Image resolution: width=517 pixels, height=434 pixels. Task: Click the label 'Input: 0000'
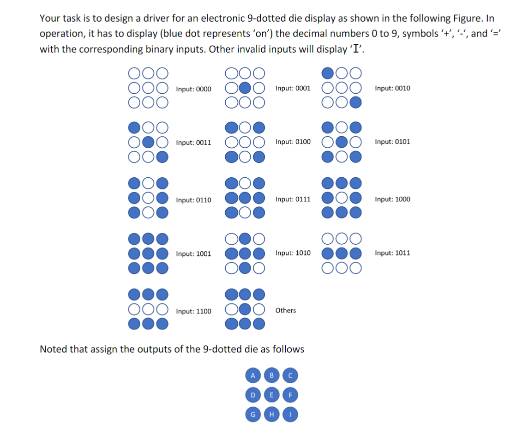click(x=193, y=89)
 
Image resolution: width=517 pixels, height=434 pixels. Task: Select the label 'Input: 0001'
click(x=293, y=88)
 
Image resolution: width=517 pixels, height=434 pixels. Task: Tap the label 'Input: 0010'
click(x=392, y=88)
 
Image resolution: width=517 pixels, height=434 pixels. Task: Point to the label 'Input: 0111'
click(x=293, y=199)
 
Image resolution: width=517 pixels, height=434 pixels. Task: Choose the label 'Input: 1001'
click(x=193, y=253)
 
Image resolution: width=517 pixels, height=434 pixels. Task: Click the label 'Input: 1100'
click(x=193, y=311)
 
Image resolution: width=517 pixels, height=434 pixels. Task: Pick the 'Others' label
click(x=286, y=310)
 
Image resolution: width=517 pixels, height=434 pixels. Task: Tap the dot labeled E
click(x=271, y=395)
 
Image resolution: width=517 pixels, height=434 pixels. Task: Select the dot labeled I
click(x=291, y=415)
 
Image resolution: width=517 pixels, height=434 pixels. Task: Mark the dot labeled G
click(x=252, y=415)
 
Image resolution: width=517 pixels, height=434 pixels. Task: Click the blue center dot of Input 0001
click(x=245, y=88)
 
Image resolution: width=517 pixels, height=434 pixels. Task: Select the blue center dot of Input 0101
click(x=342, y=142)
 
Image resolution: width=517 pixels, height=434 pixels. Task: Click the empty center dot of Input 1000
click(x=342, y=199)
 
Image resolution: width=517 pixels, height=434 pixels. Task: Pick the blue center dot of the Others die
click(x=245, y=309)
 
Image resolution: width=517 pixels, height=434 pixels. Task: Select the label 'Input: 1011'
click(x=392, y=253)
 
